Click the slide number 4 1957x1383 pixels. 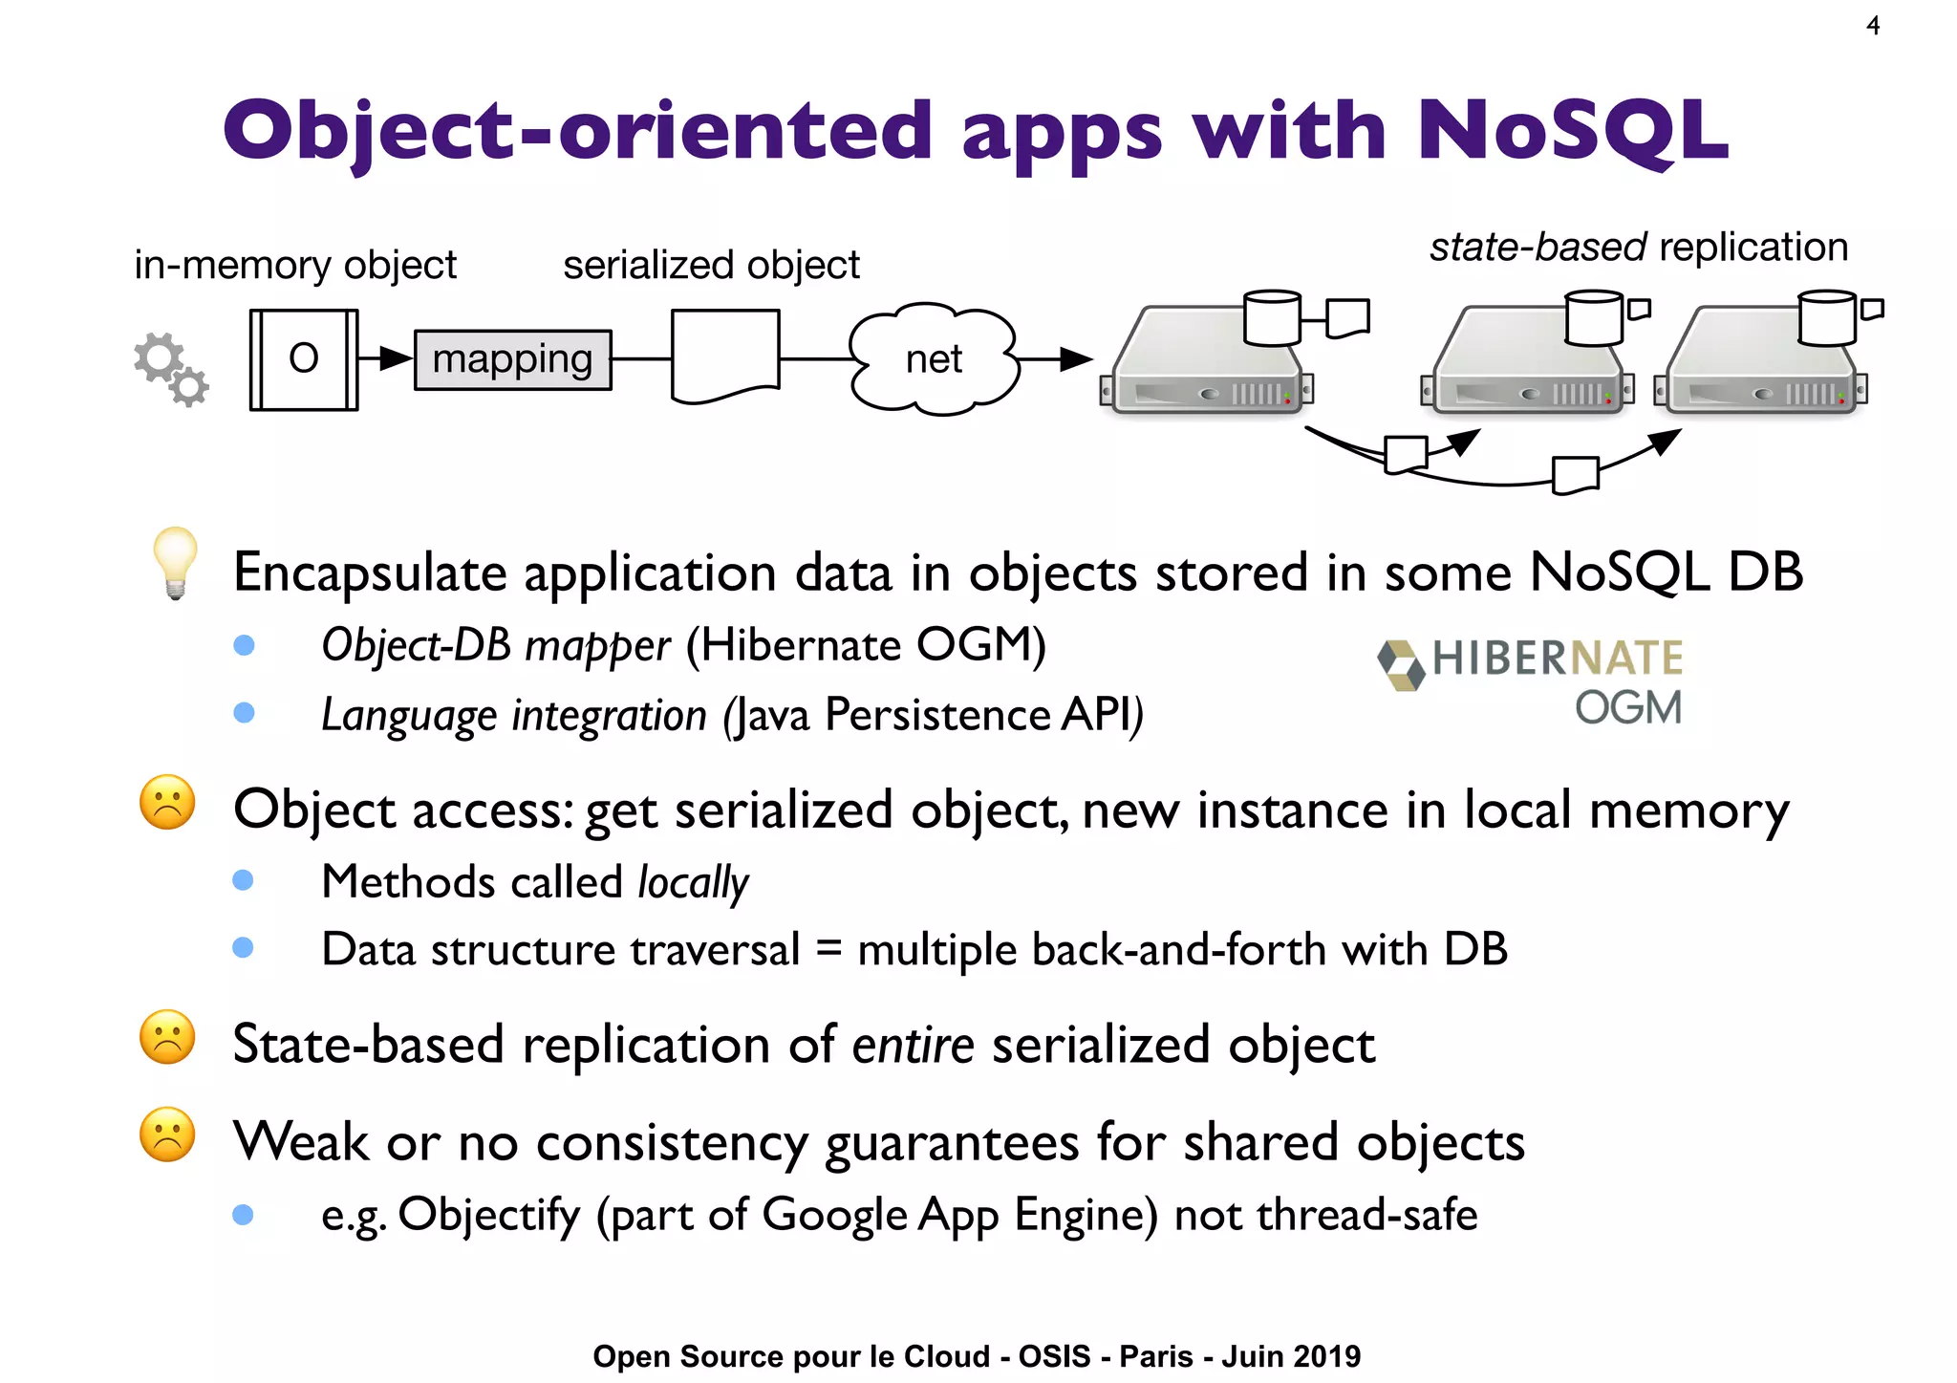tap(1873, 26)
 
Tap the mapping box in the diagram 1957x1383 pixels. tap(512, 359)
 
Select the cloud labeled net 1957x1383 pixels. tap(934, 359)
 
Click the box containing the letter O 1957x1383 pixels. tap(304, 359)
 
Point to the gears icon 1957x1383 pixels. tap(171, 369)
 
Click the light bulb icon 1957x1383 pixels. tap(175, 562)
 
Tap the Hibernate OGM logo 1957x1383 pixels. tap(1531, 681)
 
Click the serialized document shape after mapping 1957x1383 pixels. tap(725, 357)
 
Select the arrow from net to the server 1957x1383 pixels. tap(1056, 359)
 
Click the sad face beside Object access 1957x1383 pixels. tap(167, 802)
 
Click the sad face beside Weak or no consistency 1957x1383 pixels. tap(167, 1134)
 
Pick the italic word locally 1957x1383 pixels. tap(693, 881)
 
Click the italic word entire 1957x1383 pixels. tap(913, 1044)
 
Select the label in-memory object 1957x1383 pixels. tap(295, 265)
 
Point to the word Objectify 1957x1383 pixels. tap(488, 1215)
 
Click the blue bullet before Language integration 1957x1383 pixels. tap(244, 713)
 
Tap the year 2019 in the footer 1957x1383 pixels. tap(1327, 1356)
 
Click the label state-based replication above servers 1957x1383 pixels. tap(1638, 247)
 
